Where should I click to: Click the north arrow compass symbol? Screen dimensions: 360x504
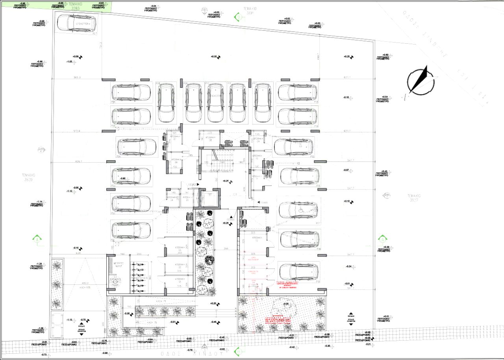point(421,80)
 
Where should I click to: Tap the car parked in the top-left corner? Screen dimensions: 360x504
point(77,23)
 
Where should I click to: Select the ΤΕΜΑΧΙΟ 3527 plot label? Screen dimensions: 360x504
point(415,197)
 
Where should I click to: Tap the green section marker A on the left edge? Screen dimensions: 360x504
point(37,239)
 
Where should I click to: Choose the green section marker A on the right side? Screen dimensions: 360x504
point(382,239)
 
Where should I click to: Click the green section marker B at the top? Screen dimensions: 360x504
point(238,17)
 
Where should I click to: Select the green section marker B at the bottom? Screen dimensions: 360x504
point(237,350)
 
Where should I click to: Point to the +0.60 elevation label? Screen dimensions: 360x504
point(385,55)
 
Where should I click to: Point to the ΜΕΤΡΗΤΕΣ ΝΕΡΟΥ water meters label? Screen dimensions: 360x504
point(119,264)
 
